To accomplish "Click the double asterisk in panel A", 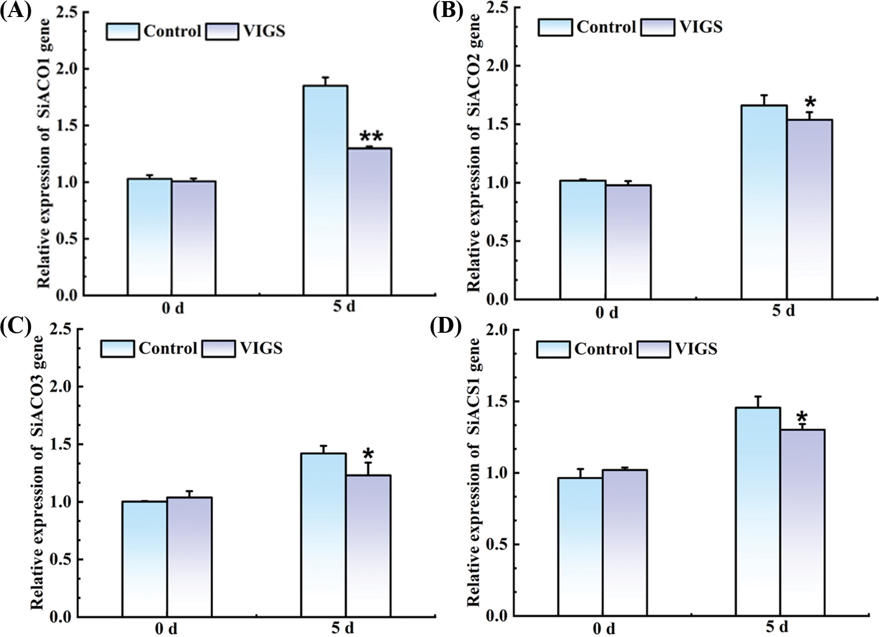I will point(371,137).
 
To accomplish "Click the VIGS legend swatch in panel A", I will point(222,31).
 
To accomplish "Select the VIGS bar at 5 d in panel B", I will point(809,209).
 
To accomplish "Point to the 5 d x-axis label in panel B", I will point(783,311).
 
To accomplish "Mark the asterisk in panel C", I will point(368,454).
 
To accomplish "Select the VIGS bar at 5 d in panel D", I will point(802,522).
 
